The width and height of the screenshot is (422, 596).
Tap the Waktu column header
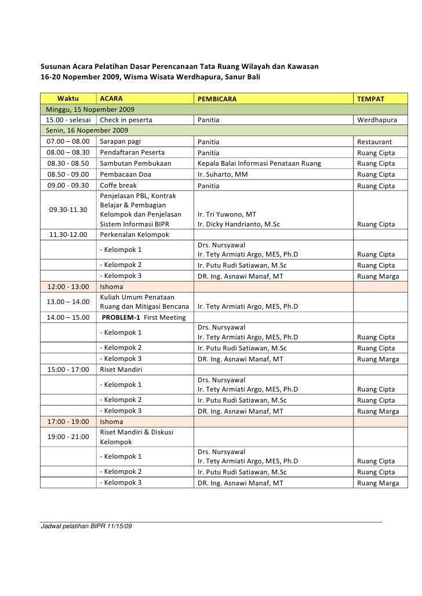pos(68,99)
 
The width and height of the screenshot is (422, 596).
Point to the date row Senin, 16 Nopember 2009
pos(89,131)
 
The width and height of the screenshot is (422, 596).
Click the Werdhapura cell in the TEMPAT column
pos(377,120)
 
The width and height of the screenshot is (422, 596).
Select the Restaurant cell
pos(374,142)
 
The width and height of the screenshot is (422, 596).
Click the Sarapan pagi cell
pos(120,142)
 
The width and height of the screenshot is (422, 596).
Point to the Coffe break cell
pos(118,185)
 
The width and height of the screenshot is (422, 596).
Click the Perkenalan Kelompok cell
pos(134,235)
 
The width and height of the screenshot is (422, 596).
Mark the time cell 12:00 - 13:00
pos(68,287)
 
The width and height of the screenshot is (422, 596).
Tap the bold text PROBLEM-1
pos(124,317)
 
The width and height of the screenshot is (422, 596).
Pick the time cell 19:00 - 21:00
pos(68,436)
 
